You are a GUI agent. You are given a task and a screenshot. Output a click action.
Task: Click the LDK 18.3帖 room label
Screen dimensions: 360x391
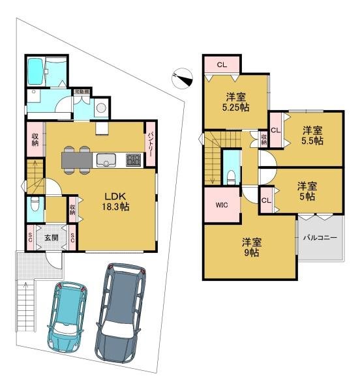[115, 201]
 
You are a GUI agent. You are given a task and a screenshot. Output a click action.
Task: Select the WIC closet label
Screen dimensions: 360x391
[222, 205]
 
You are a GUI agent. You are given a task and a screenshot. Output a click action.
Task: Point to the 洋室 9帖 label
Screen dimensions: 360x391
[252, 248]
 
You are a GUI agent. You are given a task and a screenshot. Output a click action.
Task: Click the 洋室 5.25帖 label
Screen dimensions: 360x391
[235, 102]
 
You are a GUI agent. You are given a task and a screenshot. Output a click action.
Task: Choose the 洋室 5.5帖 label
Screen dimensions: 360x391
[312, 136]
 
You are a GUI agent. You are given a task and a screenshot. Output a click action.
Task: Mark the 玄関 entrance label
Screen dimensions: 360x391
[52, 237]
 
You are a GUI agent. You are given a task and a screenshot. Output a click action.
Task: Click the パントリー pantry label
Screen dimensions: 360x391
[151, 145]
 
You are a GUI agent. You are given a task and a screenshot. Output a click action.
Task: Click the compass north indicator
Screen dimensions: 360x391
[183, 78]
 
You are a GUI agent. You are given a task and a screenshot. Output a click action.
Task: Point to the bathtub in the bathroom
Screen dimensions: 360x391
[36, 72]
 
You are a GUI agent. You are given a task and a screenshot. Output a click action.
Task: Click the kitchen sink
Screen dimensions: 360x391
[106, 160]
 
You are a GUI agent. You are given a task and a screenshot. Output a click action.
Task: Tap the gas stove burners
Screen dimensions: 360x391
[134, 160]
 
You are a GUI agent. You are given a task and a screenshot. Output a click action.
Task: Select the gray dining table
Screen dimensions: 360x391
[77, 160]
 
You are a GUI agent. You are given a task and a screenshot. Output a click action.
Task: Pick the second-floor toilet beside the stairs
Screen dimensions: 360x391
[232, 177]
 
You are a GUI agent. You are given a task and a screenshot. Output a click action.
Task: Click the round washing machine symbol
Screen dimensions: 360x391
[102, 108]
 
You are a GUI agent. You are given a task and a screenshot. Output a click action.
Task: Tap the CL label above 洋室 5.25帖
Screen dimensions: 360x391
[222, 65]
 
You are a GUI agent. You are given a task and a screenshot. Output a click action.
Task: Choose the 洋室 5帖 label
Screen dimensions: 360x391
[307, 191]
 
